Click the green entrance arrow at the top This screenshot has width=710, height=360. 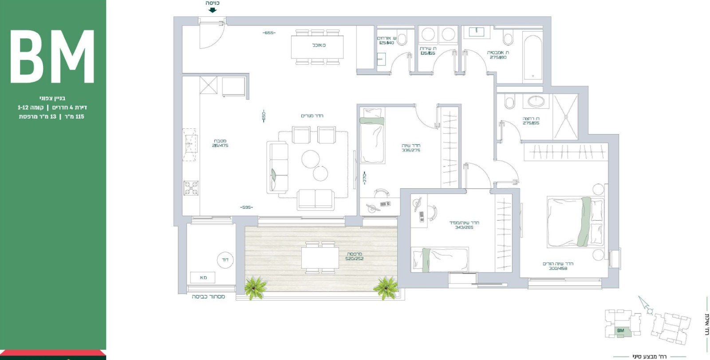coord(213,10)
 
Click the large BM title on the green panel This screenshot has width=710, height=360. coord(52,56)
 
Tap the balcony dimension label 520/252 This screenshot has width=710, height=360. coord(354,258)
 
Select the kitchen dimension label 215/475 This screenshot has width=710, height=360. coord(220,146)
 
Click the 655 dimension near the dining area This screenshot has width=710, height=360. coord(269,33)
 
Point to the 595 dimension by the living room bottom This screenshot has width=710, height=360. coord(246,207)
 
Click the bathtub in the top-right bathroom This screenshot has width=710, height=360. coord(532,58)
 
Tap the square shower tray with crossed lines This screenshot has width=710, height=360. coord(565,117)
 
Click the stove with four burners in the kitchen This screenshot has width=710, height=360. coord(191,188)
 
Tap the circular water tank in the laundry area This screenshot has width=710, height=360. coord(225,260)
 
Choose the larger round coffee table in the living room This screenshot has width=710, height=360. coord(311,159)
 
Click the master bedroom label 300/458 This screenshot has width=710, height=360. coord(558,268)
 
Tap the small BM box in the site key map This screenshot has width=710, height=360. coord(620,330)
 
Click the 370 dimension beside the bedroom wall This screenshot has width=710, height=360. coord(364,178)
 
